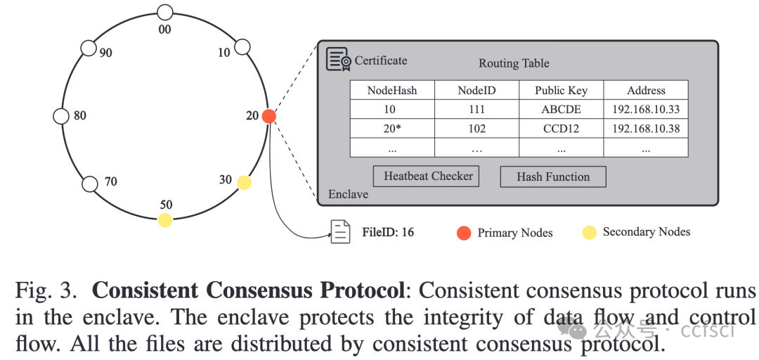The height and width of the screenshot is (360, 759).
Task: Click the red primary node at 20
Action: coord(268,117)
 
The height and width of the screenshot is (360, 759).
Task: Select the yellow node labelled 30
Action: coord(243,183)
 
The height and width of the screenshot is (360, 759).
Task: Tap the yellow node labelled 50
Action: coord(164,220)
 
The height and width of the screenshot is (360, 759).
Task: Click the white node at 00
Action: coord(164,12)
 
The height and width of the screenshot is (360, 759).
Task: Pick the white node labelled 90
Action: coord(89,48)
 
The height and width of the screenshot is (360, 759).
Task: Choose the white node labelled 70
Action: coord(89,184)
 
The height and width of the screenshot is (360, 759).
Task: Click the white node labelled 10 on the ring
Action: coord(242,47)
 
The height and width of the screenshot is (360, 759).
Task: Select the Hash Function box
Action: coord(552,176)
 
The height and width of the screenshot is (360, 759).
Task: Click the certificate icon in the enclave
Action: coord(338,60)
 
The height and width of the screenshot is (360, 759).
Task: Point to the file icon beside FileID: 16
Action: coord(340,232)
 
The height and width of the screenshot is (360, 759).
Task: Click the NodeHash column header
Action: coord(392,90)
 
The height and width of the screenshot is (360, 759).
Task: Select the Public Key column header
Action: coord(561,90)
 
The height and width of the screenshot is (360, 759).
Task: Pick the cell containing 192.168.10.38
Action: coord(646,129)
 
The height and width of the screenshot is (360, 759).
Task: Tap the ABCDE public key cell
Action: coord(561,110)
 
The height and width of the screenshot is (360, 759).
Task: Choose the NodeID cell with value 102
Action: coord(476,129)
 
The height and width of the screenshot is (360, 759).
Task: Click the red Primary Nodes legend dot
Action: coord(464,233)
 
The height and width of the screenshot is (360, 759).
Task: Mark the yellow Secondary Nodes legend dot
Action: coord(589,233)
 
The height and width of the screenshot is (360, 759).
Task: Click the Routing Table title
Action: coord(514,63)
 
